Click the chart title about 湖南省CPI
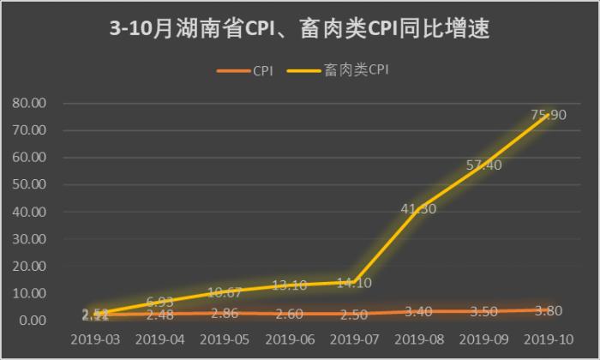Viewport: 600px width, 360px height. click(300, 29)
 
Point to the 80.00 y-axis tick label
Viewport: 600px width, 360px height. click(30, 104)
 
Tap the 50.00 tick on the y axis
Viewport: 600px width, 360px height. click(30, 185)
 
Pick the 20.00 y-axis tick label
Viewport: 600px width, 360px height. click(30, 267)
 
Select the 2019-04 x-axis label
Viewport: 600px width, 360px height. click(160, 339)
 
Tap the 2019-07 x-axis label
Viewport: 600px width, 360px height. click(355, 339)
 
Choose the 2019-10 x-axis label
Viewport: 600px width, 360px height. click(549, 339)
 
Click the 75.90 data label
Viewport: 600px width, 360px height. click(549, 115)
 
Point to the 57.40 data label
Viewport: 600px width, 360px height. click(483, 165)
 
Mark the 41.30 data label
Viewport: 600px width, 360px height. click(419, 208)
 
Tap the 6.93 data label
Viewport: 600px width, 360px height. click(160, 302)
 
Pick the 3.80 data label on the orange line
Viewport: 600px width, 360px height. click(549, 310)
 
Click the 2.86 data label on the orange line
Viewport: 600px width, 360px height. click(225, 313)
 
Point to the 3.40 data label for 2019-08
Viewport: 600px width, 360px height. click(419, 311)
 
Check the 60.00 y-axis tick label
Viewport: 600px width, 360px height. click(30, 158)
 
